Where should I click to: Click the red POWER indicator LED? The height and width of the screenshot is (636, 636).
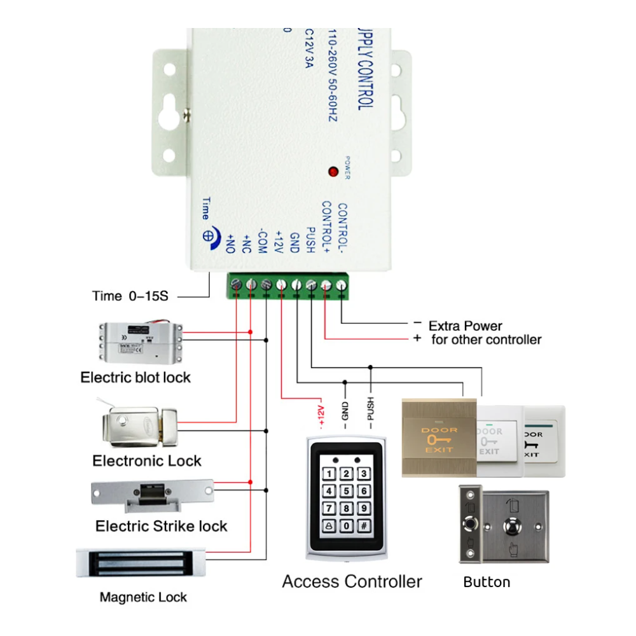(332, 171)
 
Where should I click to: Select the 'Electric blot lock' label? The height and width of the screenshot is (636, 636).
(135, 377)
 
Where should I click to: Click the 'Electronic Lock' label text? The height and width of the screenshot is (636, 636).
(147, 460)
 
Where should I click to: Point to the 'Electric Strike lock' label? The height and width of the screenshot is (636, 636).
(161, 526)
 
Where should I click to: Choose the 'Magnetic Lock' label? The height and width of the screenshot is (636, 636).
(144, 597)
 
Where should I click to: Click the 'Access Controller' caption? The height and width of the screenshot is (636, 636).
(352, 581)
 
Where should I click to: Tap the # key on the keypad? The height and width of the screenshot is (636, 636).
(363, 525)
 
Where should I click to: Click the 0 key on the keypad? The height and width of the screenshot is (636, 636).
(346, 525)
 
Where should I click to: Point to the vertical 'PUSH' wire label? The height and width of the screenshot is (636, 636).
(370, 411)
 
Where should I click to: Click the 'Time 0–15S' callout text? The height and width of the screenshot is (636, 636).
(130, 296)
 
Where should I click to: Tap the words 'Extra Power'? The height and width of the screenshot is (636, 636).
(465, 326)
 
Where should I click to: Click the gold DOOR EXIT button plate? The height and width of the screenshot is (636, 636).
(439, 438)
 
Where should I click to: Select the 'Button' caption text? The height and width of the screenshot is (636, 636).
(487, 582)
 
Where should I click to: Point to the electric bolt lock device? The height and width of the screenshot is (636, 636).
(140, 340)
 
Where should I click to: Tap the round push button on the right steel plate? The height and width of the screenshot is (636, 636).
(512, 527)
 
